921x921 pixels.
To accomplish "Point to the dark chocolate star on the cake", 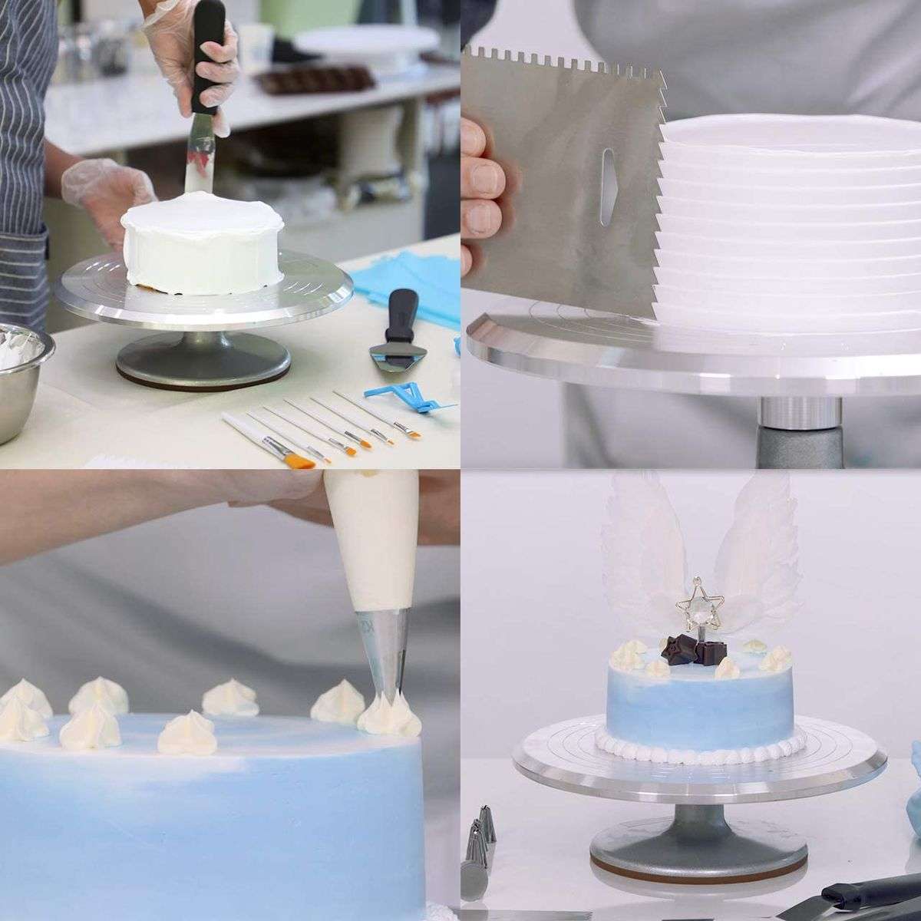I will point(677,648).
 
